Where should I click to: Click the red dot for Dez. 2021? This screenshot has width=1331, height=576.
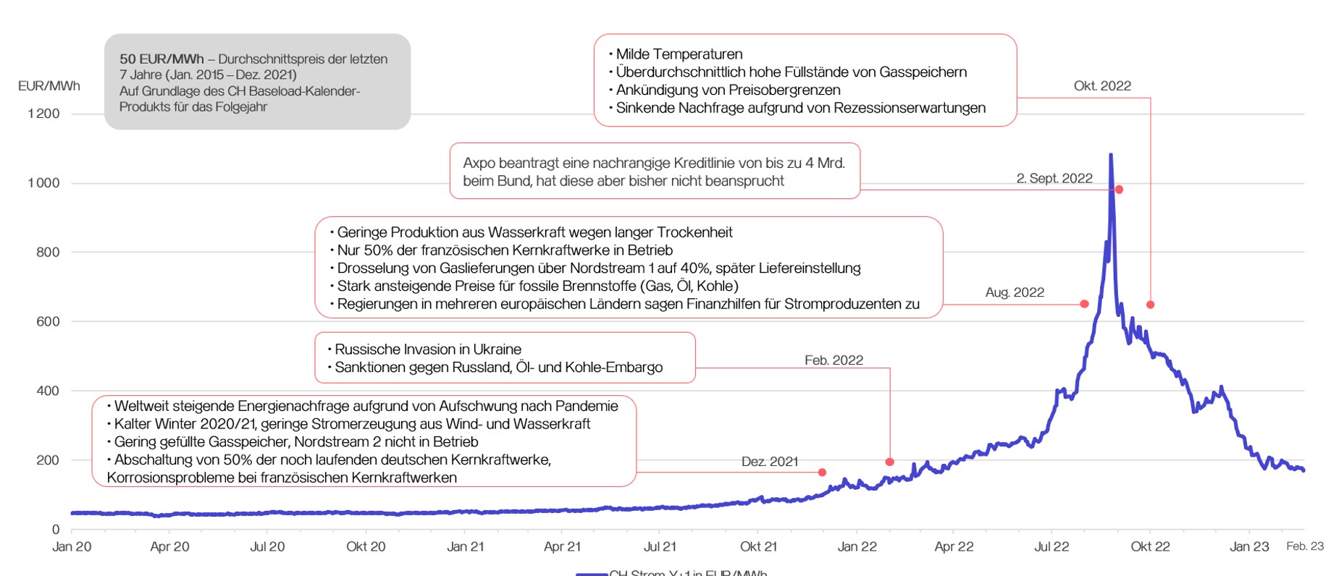(x=822, y=473)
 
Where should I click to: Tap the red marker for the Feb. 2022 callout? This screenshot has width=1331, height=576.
(x=890, y=462)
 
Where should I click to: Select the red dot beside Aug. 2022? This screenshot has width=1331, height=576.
(x=1084, y=304)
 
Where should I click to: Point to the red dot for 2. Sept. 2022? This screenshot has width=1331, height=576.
(x=1119, y=190)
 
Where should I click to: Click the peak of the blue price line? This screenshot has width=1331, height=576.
(x=1111, y=155)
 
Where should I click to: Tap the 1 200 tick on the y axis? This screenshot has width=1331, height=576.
(x=43, y=114)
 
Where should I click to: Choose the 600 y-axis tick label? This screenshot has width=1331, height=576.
(x=48, y=321)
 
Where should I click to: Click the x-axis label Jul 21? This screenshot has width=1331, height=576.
(x=660, y=547)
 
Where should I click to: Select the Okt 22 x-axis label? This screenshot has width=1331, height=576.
(x=1150, y=547)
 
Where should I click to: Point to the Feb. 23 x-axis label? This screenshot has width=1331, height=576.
(x=1304, y=546)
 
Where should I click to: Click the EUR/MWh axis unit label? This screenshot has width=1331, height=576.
(x=49, y=86)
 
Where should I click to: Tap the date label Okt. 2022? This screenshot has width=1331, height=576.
(x=1102, y=86)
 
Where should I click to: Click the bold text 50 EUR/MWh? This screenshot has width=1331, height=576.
(x=161, y=59)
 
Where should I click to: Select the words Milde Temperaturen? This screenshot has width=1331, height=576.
(x=679, y=54)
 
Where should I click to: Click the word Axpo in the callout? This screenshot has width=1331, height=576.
(x=480, y=164)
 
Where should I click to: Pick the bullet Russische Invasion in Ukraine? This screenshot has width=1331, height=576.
(x=427, y=350)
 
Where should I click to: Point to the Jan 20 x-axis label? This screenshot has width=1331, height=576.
(x=72, y=547)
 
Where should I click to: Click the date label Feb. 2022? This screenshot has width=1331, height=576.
(x=834, y=360)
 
